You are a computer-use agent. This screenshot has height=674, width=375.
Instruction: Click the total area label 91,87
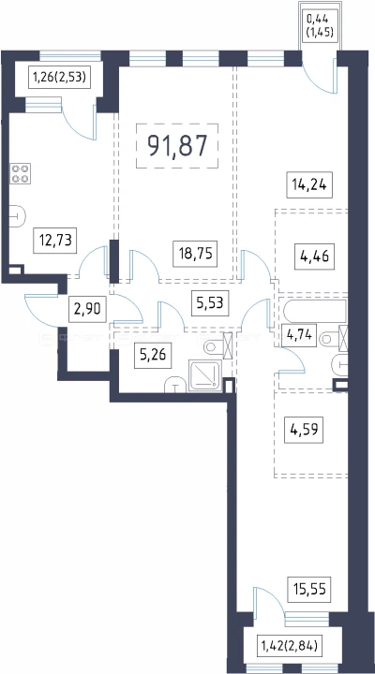click(177, 146)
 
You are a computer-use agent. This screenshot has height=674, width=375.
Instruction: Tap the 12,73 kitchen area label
click(55, 241)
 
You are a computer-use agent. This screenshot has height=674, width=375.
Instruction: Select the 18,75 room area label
click(195, 254)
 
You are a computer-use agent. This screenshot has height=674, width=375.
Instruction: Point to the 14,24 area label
click(309, 185)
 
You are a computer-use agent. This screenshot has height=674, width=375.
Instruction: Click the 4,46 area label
click(314, 257)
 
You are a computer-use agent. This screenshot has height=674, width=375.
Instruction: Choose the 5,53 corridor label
click(210, 302)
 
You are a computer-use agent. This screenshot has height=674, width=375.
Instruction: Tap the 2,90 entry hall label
click(87, 310)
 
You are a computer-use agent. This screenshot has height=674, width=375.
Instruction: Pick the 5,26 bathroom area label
click(153, 356)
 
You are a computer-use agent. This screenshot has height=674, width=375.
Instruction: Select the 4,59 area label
click(304, 431)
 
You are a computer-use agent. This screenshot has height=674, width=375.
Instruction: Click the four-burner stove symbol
click(21, 174)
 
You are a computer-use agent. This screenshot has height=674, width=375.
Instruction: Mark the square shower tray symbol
click(205, 376)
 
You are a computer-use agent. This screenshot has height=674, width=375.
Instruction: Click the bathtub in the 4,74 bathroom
click(315, 311)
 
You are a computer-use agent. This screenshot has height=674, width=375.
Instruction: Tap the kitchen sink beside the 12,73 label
click(18, 215)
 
